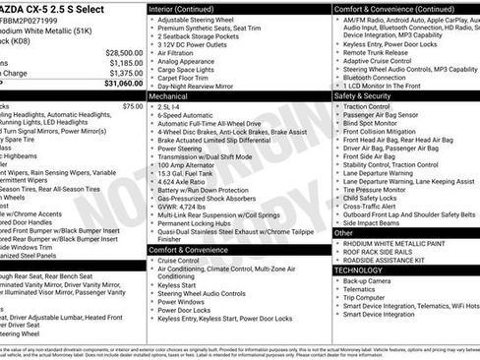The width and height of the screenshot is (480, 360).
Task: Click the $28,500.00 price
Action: (123, 52)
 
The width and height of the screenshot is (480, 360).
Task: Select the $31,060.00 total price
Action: (123, 83)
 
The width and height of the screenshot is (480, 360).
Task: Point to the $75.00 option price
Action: (132, 105)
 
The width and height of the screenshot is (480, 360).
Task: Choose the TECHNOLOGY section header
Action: (359, 269)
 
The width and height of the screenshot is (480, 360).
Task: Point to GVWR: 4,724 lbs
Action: (190, 209)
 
